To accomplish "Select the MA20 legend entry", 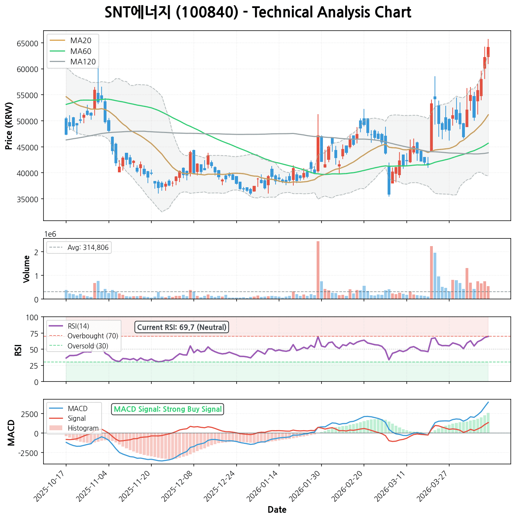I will (80, 41).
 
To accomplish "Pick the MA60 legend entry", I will (80, 51).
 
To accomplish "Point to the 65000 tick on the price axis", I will (27, 44).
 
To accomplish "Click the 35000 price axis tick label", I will (27, 199).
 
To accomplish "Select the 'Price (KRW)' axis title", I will (9, 126).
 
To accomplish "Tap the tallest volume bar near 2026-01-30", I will (318, 270).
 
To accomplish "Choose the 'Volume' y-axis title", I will (26, 269).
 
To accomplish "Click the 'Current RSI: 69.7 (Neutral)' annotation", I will (182, 327).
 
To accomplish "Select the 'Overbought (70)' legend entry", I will (93, 336).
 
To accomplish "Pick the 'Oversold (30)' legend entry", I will (88, 346).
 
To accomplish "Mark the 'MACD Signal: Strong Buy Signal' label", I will (168, 409).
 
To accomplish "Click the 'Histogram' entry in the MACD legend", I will (83, 428).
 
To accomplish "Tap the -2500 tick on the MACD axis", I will (30, 453).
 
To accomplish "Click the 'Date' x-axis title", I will (277, 510).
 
